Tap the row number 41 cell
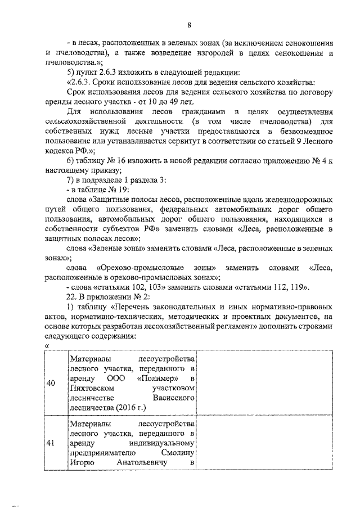coord(51,443)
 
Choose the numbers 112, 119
coord(292,287)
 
